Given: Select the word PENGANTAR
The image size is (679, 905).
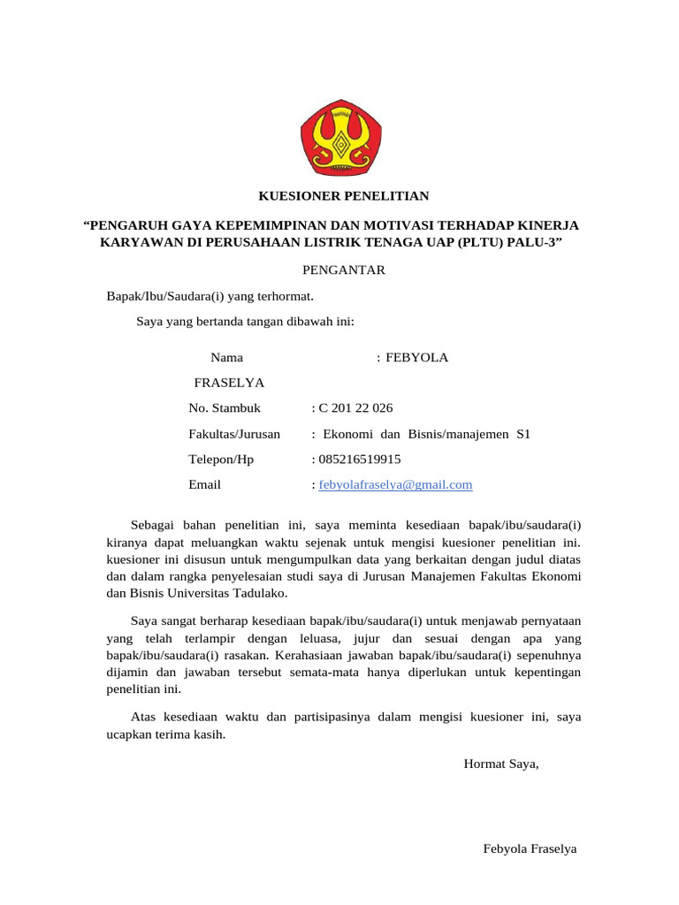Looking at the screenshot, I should pyautogui.click(x=343, y=270).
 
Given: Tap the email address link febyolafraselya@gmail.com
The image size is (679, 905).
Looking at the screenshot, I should pyautogui.click(x=395, y=484).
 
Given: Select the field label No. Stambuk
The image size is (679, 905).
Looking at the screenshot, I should pyautogui.click(x=225, y=408).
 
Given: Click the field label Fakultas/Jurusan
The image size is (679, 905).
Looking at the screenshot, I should pyautogui.click(x=234, y=434).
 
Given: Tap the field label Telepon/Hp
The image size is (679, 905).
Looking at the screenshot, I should pyautogui.click(x=221, y=460).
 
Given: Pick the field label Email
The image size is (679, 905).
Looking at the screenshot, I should pyautogui.click(x=204, y=484).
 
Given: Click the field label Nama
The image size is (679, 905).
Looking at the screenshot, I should pyautogui.click(x=226, y=358).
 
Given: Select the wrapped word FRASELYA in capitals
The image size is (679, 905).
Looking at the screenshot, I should pyautogui.click(x=229, y=383).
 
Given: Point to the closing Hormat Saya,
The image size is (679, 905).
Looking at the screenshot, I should pyautogui.click(x=500, y=764).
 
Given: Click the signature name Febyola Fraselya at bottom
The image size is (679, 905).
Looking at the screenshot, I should pyautogui.click(x=530, y=848).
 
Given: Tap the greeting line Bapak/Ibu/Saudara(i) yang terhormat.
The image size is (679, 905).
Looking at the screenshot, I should pyautogui.click(x=210, y=296).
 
